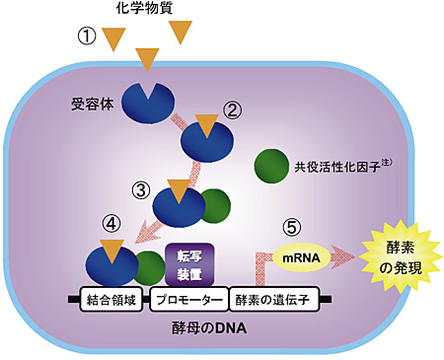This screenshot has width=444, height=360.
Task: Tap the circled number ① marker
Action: click(x=90, y=36)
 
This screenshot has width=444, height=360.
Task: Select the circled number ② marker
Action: click(x=234, y=109)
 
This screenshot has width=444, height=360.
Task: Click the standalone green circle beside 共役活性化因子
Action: click(x=271, y=166)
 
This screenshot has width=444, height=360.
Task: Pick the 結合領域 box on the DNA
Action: click(x=112, y=299)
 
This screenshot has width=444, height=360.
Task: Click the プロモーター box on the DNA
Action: click(x=190, y=299)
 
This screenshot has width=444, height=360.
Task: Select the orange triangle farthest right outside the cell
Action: click(x=184, y=32)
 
